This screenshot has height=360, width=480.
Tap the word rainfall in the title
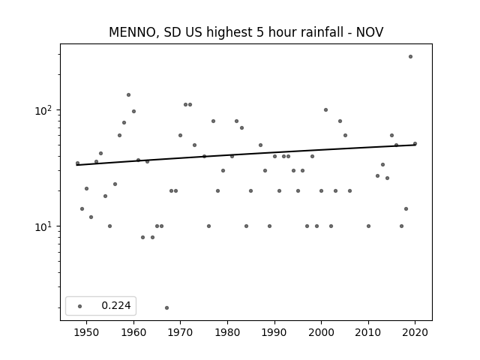tap(325, 31)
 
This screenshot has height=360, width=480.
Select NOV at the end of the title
tap(370, 32)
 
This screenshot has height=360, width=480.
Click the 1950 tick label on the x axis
tap(87, 332)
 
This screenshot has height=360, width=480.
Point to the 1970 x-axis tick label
tap(180, 332)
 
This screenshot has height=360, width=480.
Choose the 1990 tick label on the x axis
tap(274, 332)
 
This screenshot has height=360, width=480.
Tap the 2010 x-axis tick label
tap(368, 332)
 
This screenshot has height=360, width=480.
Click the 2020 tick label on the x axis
tap(415, 332)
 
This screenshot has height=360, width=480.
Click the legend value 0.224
tap(116, 305)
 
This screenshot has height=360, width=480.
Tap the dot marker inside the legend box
tap(79, 306)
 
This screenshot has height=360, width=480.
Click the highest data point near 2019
tap(410, 57)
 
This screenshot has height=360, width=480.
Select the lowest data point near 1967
tap(166, 307)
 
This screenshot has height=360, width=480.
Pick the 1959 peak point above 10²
tap(128, 95)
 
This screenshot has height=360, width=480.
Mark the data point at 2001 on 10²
tap(325, 110)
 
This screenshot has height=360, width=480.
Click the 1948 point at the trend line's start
tap(77, 163)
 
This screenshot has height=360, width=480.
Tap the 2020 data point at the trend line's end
tap(415, 143)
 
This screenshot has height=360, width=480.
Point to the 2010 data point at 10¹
tap(368, 226)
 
